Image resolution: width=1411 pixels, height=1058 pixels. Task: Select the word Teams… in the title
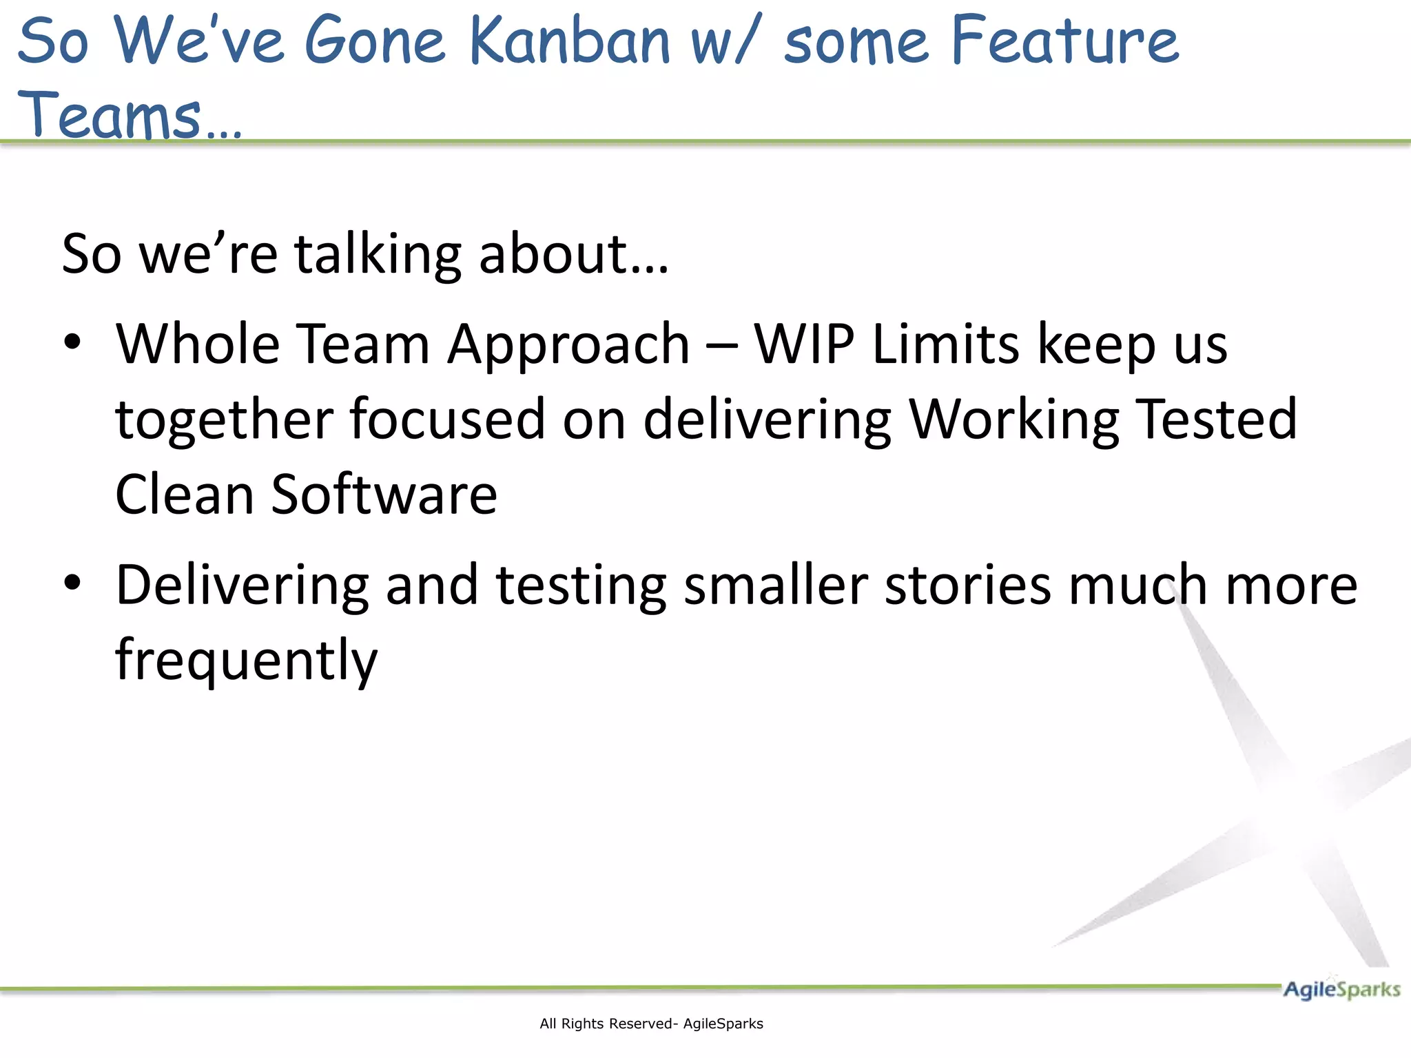pos(130,116)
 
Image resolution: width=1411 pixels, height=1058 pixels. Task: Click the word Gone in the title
pos(375,41)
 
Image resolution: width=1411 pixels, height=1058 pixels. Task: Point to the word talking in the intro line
pos(378,255)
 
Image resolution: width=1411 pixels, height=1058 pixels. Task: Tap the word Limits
pos(946,344)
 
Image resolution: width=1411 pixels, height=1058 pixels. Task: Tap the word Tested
pos(1216,419)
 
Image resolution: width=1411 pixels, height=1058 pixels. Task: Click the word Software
pos(384,495)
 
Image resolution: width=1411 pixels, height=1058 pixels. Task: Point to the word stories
pos(967,585)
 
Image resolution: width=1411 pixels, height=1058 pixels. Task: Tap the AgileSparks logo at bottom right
pos(1341,990)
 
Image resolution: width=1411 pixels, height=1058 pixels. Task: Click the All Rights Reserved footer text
pos(651,1024)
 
